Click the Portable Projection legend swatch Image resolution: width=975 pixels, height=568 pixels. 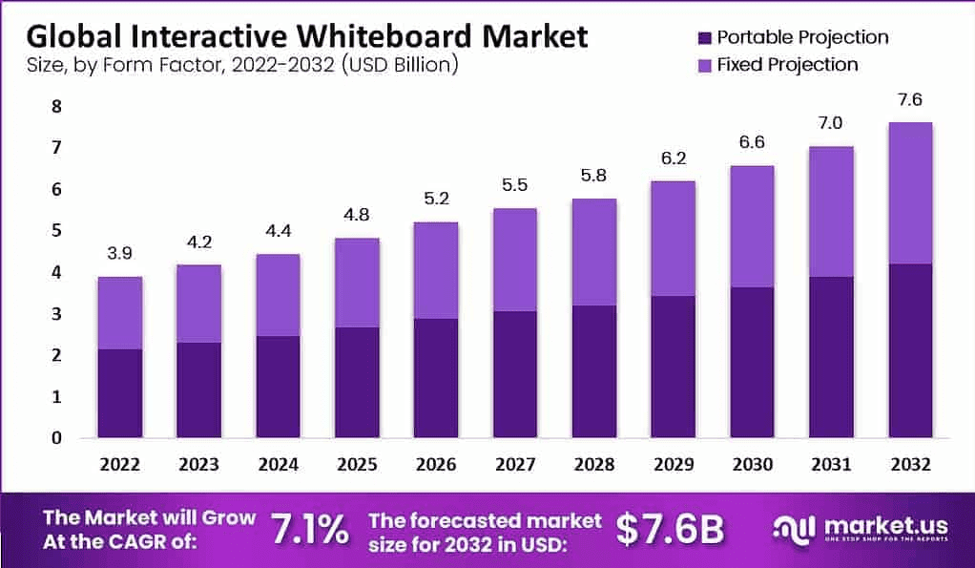click(x=705, y=38)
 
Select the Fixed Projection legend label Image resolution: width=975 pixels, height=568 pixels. click(x=787, y=65)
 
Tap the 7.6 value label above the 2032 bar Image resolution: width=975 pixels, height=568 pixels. click(x=909, y=99)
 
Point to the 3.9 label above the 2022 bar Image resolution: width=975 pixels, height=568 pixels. click(x=119, y=254)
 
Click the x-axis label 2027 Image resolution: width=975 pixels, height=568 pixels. click(x=514, y=464)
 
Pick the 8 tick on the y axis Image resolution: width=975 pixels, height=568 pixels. click(x=56, y=106)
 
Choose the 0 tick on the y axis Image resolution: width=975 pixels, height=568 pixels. click(x=56, y=438)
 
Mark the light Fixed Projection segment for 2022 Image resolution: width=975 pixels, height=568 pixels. click(x=119, y=313)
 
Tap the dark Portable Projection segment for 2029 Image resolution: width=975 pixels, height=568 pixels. click(x=673, y=367)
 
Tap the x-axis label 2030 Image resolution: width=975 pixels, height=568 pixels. click(x=752, y=464)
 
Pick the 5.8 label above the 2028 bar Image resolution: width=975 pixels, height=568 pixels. click(x=593, y=176)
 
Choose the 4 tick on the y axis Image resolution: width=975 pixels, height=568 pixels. click(x=56, y=272)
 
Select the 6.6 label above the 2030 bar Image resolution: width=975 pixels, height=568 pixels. click(x=752, y=142)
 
